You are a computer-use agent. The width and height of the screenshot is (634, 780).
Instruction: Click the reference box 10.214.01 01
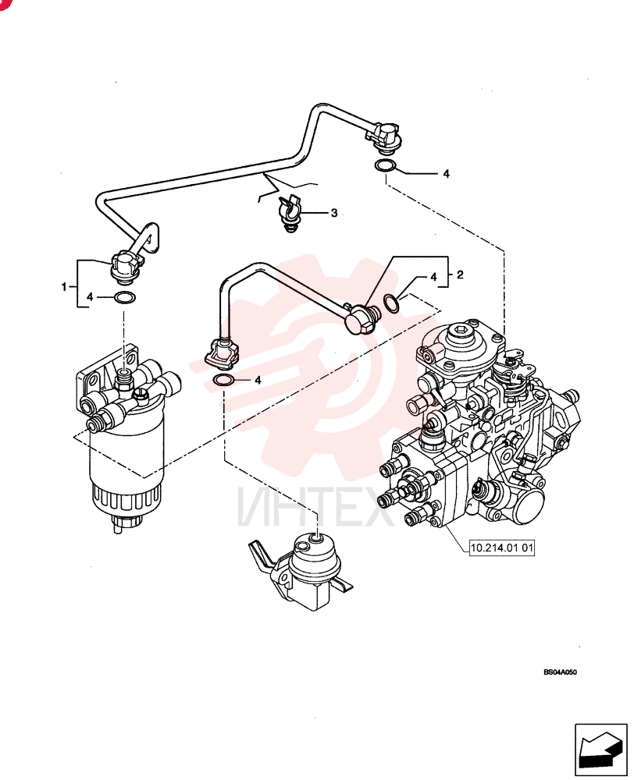[x=502, y=548]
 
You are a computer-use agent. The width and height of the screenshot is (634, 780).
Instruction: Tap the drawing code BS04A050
[x=561, y=672]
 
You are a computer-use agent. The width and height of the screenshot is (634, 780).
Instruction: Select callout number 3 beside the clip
[x=334, y=213]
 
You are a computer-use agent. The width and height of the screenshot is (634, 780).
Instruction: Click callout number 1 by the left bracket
[x=64, y=287]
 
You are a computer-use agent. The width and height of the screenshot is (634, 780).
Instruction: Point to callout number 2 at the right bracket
[x=460, y=275]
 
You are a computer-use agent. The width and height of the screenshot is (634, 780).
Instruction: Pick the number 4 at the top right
[x=447, y=174]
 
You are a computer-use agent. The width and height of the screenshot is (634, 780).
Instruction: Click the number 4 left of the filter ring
[x=90, y=297]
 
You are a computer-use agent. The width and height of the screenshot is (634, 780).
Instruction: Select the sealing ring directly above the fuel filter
[x=124, y=298]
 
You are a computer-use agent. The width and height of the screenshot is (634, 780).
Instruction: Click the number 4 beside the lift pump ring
[x=258, y=381]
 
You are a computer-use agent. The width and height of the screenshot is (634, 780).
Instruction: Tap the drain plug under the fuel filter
[x=126, y=523]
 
